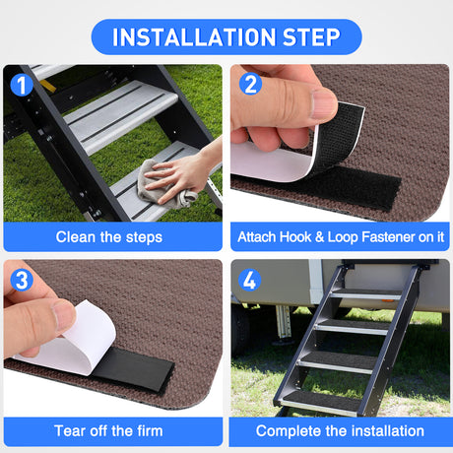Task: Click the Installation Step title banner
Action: pos(226,36)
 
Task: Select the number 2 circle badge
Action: pos(250,85)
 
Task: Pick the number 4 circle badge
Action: pos(250,280)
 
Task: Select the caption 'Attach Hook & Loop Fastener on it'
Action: pos(341,236)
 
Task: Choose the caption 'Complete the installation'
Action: pos(341,430)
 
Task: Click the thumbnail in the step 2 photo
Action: pos(322,101)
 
